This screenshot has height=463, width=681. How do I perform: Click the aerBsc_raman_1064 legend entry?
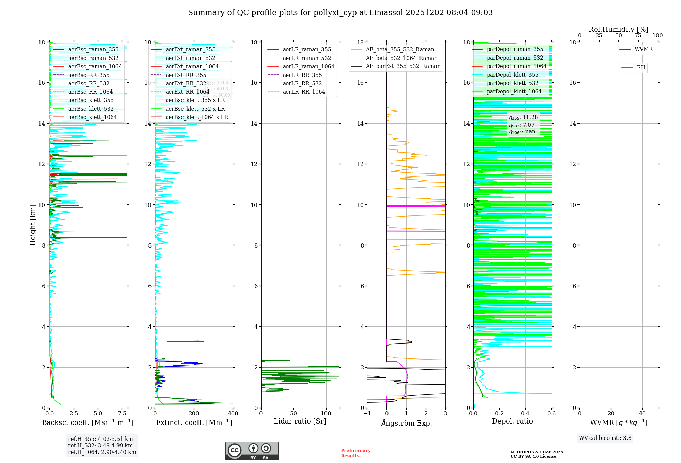(x=95, y=66)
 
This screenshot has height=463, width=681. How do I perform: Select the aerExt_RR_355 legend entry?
(x=186, y=75)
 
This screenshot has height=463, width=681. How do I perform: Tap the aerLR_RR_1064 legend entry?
(x=304, y=92)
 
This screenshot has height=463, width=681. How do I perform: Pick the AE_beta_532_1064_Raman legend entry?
(x=401, y=58)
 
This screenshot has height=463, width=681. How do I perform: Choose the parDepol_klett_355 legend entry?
(x=512, y=75)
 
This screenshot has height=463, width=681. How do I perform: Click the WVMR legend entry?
(x=644, y=49)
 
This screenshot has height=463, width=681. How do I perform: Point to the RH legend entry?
(x=641, y=68)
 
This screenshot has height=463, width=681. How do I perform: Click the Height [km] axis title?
(x=33, y=225)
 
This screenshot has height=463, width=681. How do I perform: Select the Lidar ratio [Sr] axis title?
(x=300, y=421)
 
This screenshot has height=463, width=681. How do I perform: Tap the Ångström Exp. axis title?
(x=406, y=423)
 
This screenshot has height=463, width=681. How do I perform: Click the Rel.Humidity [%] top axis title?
(x=618, y=29)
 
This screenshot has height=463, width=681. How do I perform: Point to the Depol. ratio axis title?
(x=512, y=421)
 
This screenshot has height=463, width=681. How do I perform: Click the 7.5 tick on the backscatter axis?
(x=122, y=414)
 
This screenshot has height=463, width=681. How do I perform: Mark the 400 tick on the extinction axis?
(x=233, y=414)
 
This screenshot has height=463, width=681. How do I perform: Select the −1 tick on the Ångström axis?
(x=367, y=414)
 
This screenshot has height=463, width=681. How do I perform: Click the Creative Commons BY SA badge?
(x=252, y=451)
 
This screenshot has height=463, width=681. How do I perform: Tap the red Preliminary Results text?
(x=355, y=453)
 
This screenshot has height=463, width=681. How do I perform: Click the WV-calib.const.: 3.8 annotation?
(x=605, y=438)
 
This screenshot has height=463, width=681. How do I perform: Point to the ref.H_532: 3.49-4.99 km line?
(x=100, y=445)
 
